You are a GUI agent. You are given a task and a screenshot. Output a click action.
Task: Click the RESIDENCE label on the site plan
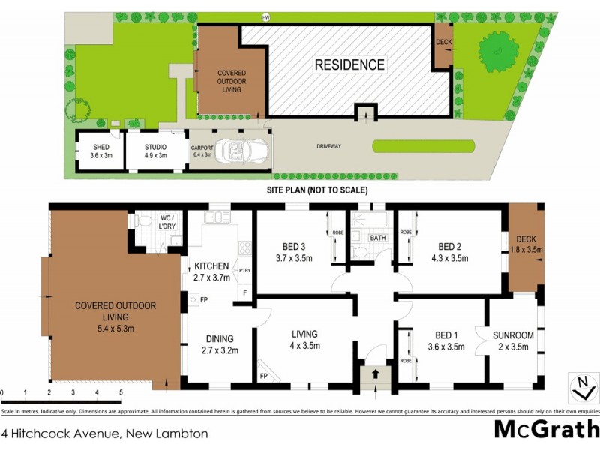point(349,65)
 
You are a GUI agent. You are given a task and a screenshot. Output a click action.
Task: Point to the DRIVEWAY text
point(328,146)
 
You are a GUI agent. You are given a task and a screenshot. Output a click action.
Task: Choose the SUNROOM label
point(512,341)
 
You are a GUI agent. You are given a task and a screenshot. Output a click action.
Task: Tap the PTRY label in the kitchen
point(244,271)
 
